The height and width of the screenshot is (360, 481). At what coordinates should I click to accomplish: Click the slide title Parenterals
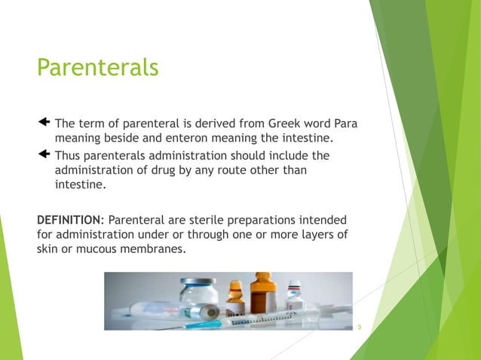[98, 68]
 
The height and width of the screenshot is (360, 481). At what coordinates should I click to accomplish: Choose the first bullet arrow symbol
[43, 122]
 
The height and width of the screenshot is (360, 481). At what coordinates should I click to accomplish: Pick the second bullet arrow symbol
[43, 154]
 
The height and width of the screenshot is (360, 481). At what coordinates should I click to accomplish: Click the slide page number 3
[360, 327]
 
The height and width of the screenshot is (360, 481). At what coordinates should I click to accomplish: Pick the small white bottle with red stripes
[294, 295]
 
